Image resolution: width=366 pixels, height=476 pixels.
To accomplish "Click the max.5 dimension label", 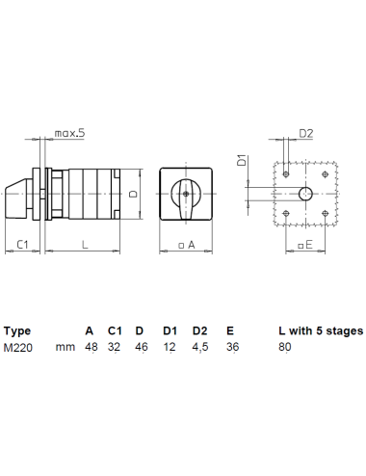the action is pos(69,133).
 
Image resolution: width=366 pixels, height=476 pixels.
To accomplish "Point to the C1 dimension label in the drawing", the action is pos(22,245).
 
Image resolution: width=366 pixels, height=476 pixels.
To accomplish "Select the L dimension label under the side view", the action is pos(85,245).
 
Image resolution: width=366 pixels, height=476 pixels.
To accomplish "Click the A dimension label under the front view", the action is pos(187,245).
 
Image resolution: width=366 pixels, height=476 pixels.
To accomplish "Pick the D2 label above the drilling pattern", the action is pos(306,133).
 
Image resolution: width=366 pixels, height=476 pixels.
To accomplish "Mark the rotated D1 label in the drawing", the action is pos(242,160).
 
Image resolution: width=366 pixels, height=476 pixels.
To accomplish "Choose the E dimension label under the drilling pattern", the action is pos(305,245).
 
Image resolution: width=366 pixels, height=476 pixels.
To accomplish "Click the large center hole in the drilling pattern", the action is pos(305,194).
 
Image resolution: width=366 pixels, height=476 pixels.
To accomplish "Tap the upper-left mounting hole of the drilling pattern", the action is pos(286,174).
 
